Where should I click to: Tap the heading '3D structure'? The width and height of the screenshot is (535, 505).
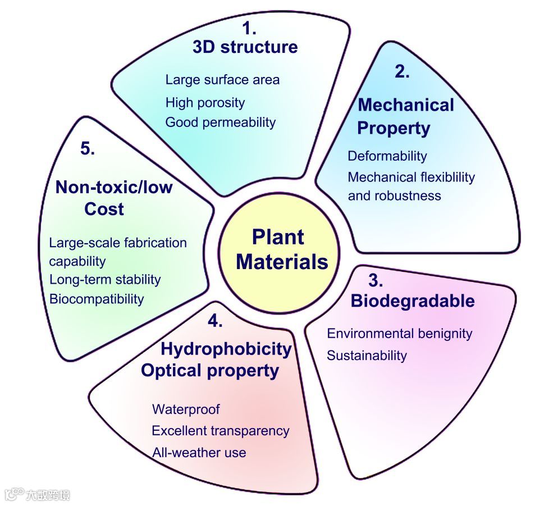point(245,47)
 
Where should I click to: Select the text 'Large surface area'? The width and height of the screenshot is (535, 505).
point(222,80)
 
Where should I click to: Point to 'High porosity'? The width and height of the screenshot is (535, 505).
point(205,103)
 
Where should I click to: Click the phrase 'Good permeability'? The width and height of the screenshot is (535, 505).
point(220,122)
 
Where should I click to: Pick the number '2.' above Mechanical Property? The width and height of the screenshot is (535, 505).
point(402,72)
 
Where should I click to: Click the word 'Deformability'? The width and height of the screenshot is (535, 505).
point(387,156)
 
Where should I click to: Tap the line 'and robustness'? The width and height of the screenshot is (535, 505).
point(394,196)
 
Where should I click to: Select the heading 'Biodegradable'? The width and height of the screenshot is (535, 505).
point(412,301)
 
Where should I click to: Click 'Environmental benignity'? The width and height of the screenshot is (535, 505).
point(399,334)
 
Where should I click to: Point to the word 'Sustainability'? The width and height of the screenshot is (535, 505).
point(367,356)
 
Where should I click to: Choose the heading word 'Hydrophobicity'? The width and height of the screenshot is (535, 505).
point(226,349)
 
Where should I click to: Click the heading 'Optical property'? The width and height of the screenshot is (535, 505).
point(209,371)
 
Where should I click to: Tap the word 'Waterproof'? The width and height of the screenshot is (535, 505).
point(186,410)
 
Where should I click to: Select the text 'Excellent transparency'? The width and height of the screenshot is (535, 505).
point(220,431)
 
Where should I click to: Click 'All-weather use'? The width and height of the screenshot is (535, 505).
point(199,452)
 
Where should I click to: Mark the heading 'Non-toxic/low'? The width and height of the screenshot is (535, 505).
point(113,187)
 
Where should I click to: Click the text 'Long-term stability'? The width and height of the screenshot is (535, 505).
point(105,279)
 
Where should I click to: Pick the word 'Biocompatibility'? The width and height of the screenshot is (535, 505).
point(97,299)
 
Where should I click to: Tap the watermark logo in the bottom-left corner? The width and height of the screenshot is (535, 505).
point(37,495)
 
